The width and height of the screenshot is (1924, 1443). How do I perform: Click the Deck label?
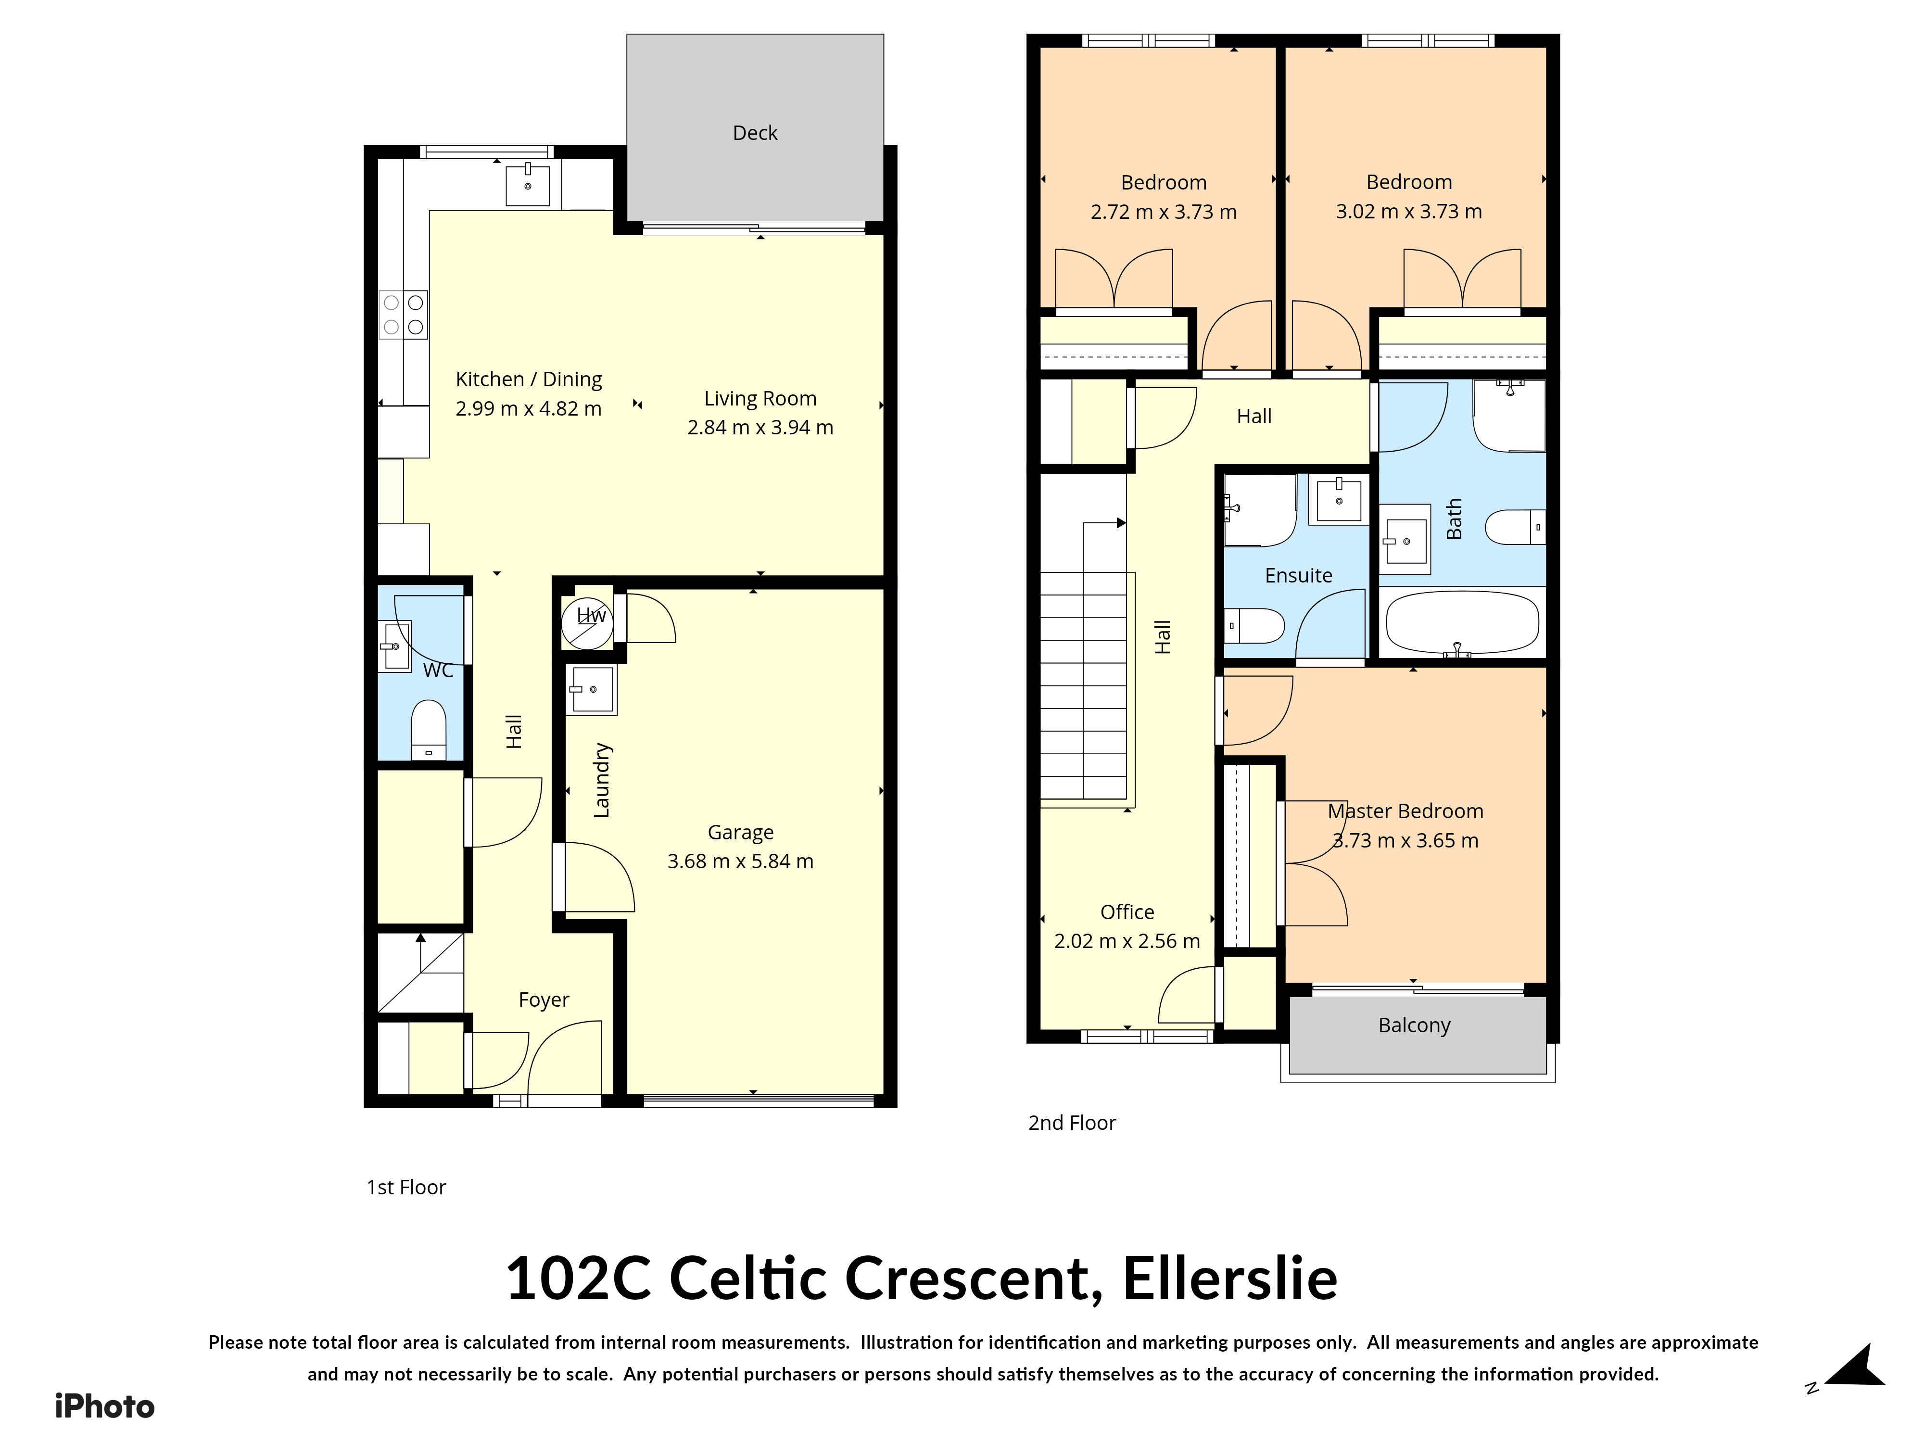755,133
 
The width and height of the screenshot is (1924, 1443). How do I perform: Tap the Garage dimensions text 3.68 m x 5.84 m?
740,861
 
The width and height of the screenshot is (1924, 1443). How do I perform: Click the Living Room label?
760,398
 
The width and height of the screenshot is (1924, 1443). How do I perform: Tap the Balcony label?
1414,1025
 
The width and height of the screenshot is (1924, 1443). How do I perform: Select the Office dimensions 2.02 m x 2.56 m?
1127,941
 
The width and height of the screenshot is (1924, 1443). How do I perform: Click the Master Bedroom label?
1405,810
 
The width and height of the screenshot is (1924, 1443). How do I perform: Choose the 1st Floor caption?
406,1187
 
